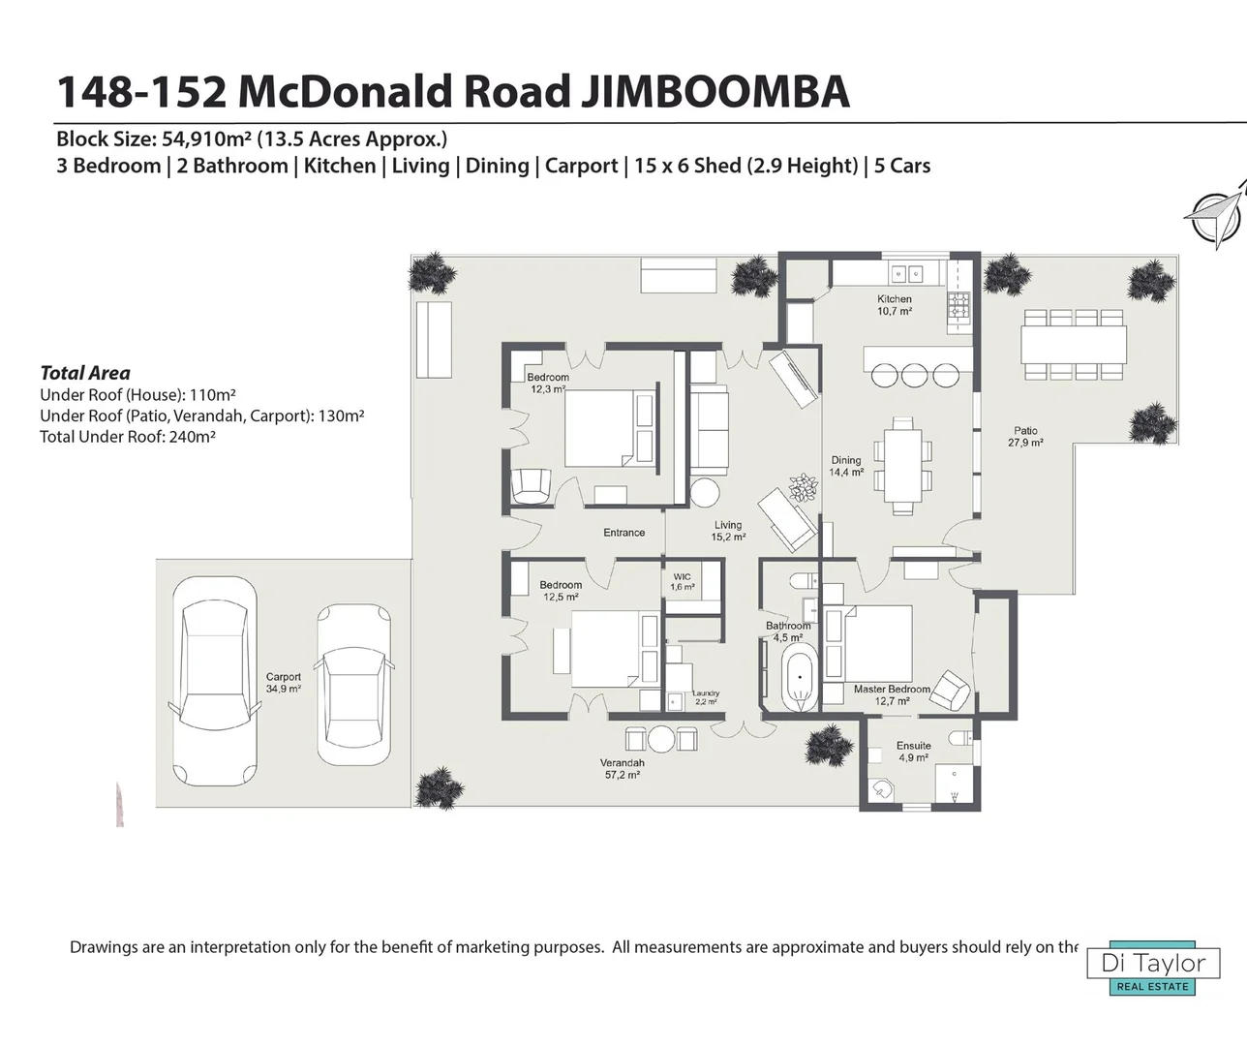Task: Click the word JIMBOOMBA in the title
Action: tap(715, 91)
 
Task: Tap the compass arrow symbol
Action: tap(1215, 215)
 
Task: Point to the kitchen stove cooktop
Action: tap(959, 305)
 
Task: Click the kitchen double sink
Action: tap(907, 274)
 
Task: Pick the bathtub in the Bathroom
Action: tap(801, 679)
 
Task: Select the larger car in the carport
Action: tap(215, 681)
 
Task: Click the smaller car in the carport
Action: tap(354, 685)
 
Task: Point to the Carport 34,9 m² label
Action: tap(283, 682)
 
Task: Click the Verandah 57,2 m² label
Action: tap(623, 769)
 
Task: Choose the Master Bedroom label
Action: tap(892, 694)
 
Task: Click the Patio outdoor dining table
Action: tap(1074, 345)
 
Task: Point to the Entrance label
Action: tap(624, 533)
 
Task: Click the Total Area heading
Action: tap(85, 373)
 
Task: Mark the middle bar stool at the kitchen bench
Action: tap(914, 376)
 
